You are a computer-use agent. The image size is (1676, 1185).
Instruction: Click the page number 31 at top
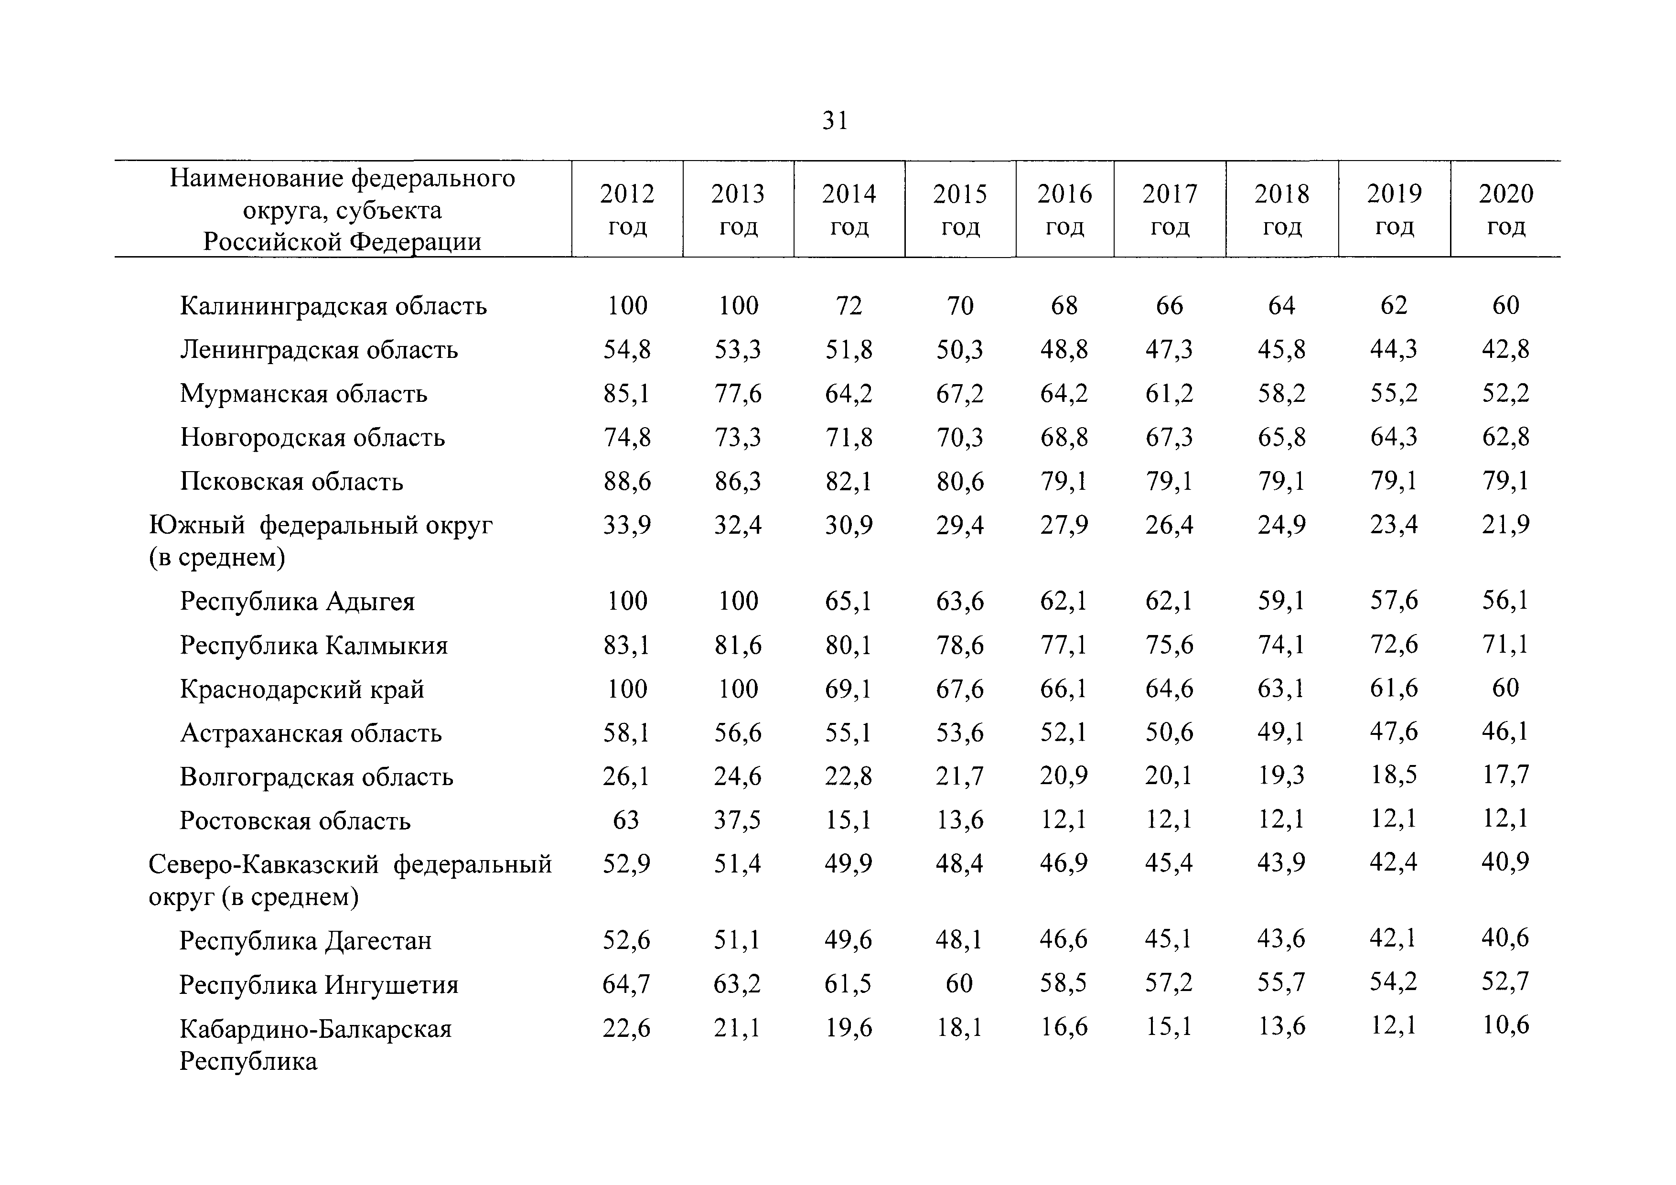coord(835,120)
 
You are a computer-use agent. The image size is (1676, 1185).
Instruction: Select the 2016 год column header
coord(1064,210)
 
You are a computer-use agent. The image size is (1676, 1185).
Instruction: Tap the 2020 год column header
coord(1506,210)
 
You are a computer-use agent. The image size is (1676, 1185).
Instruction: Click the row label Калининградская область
coord(333,305)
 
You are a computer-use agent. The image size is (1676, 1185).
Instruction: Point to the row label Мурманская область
coord(304,394)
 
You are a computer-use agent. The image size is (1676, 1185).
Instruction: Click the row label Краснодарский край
coord(302,689)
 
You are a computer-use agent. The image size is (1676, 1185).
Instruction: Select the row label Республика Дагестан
coord(305,940)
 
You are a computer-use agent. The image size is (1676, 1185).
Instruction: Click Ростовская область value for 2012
coord(626,820)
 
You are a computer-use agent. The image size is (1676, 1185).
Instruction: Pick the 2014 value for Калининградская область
coord(849,305)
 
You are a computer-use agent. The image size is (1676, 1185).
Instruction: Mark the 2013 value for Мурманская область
coord(738,394)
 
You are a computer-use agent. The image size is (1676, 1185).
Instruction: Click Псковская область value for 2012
coord(627,481)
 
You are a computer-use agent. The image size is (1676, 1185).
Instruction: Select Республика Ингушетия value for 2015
coord(959,983)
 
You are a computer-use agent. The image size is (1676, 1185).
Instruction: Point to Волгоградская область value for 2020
coord(1505,775)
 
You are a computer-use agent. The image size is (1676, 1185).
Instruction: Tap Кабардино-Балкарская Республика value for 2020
coord(1505,1026)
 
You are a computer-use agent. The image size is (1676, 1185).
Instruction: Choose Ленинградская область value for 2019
coord(1394,349)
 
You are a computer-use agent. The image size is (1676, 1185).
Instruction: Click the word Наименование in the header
coord(257,178)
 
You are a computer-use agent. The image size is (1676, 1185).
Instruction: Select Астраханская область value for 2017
coord(1170,732)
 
